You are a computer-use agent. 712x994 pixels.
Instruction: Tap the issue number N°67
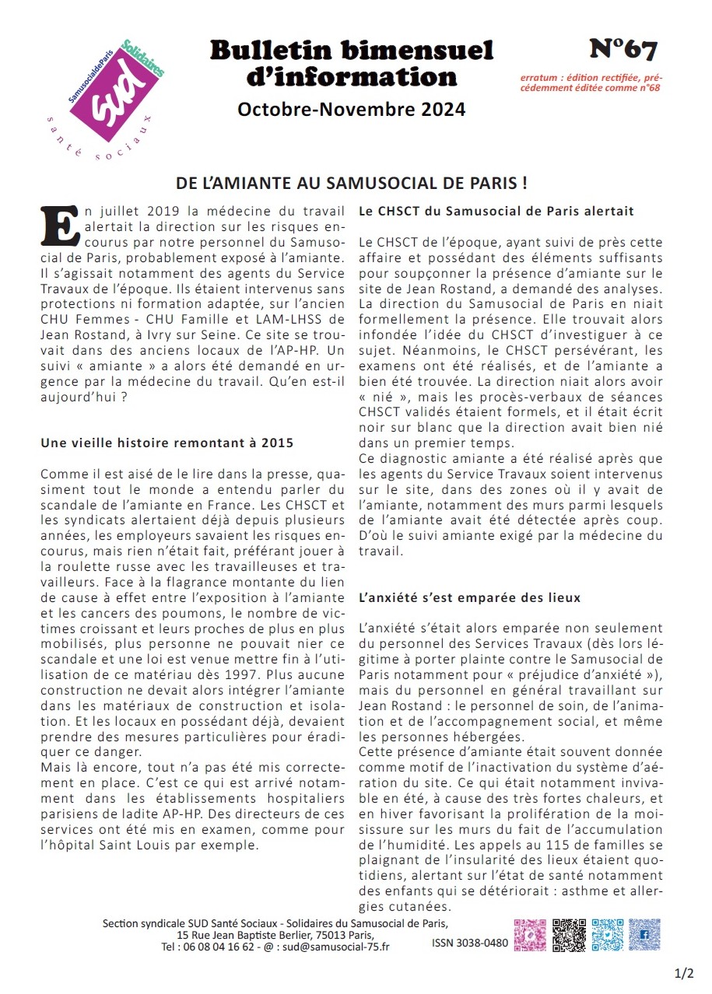(x=623, y=50)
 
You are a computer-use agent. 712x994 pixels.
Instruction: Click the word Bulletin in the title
(x=276, y=51)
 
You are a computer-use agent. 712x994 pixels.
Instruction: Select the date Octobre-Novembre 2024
(x=351, y=110)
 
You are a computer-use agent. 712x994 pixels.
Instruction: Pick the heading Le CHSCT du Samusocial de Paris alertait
(x=496, y=211)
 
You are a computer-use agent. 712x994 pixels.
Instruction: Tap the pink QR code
(x=530, y=934)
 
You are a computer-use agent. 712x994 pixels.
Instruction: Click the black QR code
(x=568, y=934)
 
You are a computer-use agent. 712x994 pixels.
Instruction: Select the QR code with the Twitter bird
(x=607, y=934)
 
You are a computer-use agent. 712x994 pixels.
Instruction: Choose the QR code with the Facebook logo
(x=644, y=934)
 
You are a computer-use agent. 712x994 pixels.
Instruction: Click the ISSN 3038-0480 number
(x=469, y=943)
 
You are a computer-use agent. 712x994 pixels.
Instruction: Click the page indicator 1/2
(x=684, y=973)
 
